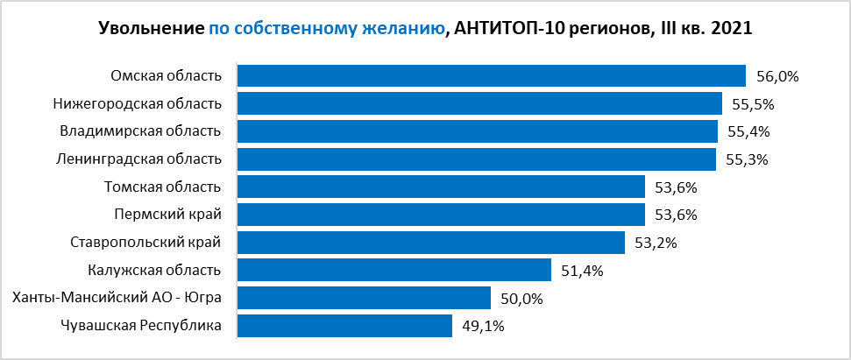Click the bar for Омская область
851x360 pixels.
tap(491, 76)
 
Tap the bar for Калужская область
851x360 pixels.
tap(394, 271)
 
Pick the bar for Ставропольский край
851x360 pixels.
tap(430, 243)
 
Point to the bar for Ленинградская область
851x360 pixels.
tap(477, 159)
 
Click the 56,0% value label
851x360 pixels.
tap(777, 76)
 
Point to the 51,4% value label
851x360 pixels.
tap(583, 271)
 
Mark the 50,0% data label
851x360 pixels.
tap(521, 299)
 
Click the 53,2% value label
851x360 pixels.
tap(656, 243)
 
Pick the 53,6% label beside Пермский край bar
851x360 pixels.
tap(676, 215)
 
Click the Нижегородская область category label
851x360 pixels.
tap(138, 104)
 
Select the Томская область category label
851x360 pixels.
tap(162, 187)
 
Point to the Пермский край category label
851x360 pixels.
tap(167, 215)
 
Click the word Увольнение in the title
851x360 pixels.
tap(151, 29)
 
